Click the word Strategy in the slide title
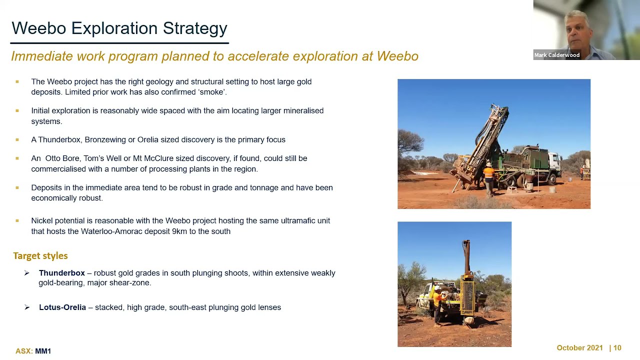click(x=195, y=29)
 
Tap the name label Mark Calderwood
click(x=557, y=55)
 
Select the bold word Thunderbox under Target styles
click(x=62, y=273)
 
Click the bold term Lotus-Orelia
click(x=62, y=307)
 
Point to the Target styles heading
click(x=40, y=255)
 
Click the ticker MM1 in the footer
click(x=43, y=351)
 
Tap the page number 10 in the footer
click(x=617, y=347)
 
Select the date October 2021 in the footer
click(x=579, y=347)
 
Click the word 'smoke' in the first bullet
click(x=212, y=92)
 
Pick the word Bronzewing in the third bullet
click(x=105, y=139)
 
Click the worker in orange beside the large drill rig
click(x=489, y=179)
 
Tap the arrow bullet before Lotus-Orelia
click(x=27, y=307)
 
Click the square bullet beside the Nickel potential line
click(x=17, y=220)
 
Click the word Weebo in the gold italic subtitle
click(x=397, y=56)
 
